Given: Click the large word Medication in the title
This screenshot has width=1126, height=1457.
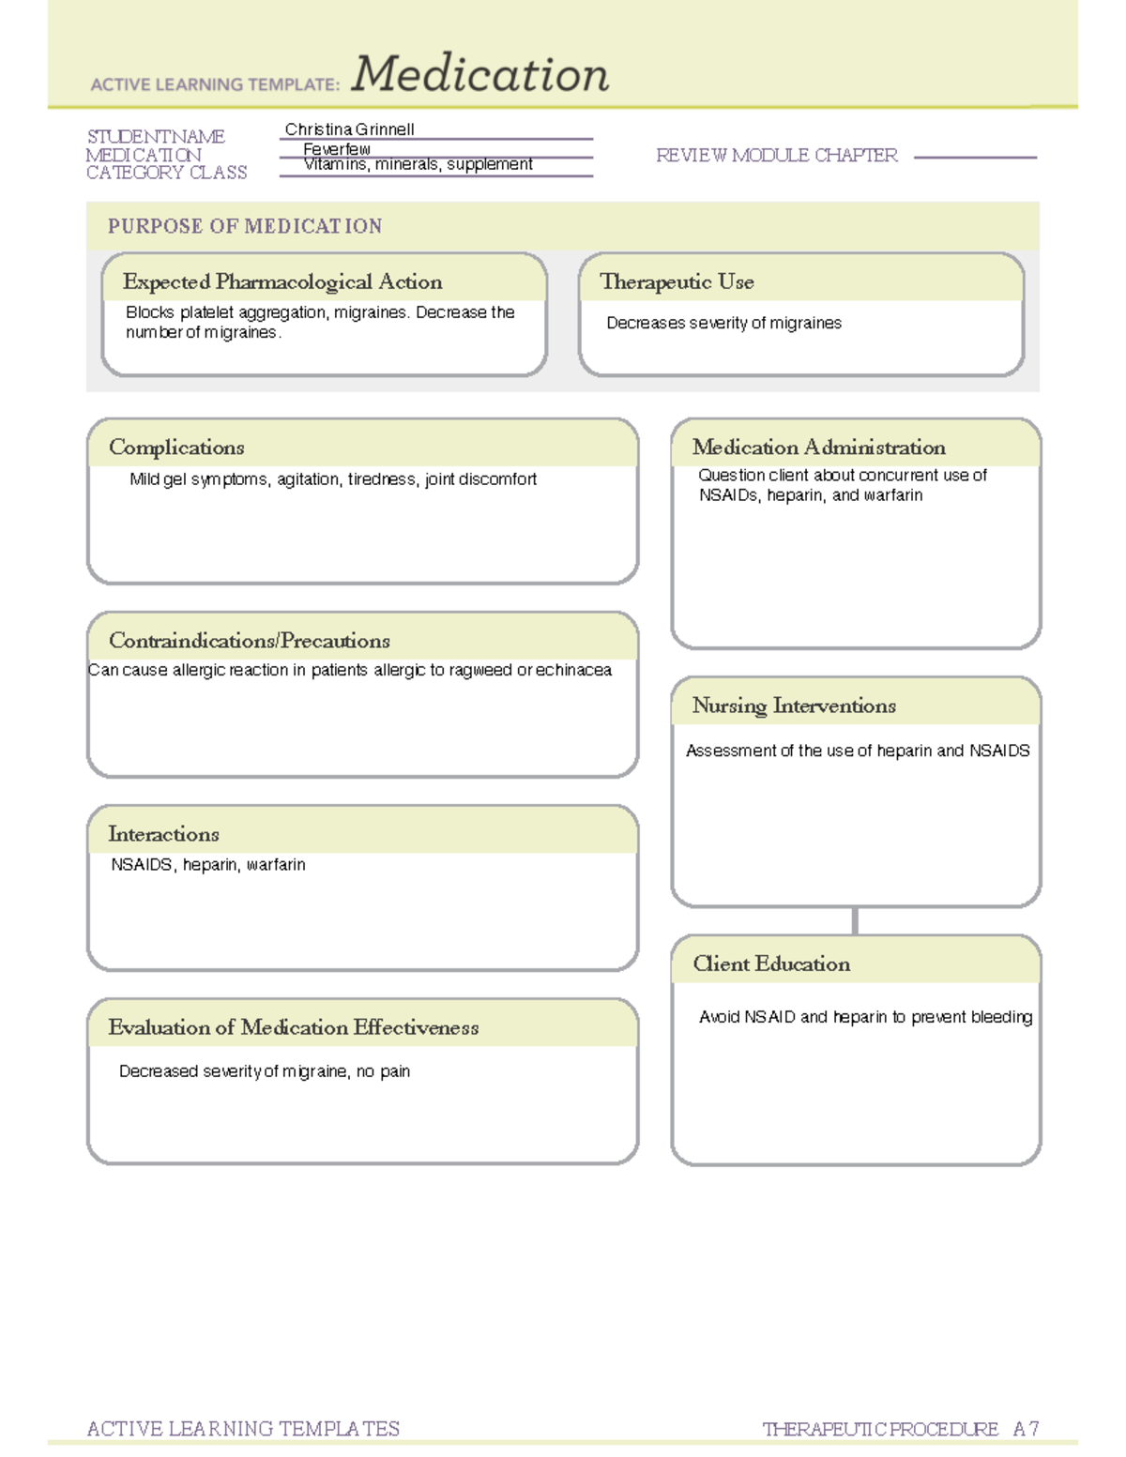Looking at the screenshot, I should [x=479, y=75].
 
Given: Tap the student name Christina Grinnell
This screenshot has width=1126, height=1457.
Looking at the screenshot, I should [x=349, y=129].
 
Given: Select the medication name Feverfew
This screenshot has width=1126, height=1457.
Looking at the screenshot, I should [x=336, y=149].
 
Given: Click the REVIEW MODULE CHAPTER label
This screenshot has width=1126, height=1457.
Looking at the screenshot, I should [x=776, y=156].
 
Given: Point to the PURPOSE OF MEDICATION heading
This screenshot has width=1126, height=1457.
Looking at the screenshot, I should [x=245, y=226].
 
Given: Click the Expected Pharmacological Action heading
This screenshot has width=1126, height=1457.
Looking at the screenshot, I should [x=281, y=281].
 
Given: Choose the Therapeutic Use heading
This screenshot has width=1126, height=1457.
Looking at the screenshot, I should [x=677, y=281].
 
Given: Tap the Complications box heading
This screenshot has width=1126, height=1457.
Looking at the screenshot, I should [x=176, y=448].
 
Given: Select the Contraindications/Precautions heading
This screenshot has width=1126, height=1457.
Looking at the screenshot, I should [x=249, y=641].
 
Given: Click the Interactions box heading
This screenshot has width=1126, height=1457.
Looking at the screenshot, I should [x=163, y=834].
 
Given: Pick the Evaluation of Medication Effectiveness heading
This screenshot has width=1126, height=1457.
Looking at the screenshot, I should [x=293, y=1027].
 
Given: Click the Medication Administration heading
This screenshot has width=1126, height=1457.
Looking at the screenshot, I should [x=818, y=448].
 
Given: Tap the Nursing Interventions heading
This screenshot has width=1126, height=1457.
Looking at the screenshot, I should [x=794, y=706].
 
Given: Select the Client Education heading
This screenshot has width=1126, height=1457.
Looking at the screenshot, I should [x=771, y=964].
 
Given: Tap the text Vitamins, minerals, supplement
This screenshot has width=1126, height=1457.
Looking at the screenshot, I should [x=418, y=165].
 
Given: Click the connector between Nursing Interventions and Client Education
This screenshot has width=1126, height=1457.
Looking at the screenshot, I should [x=855, y=920].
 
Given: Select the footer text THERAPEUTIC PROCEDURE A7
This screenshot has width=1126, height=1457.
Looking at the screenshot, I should [x=900, y=1429].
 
